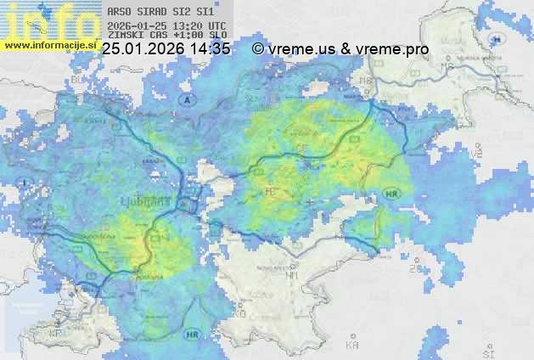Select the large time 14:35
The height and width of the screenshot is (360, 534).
coord(211,50)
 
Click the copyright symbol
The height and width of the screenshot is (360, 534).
coord(257,50)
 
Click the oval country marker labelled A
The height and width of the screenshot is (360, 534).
coord(186,99)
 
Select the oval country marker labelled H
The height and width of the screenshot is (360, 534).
coord(502,40)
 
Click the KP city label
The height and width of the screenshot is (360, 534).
coord(56,333)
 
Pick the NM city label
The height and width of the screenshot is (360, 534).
coord(292,275)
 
